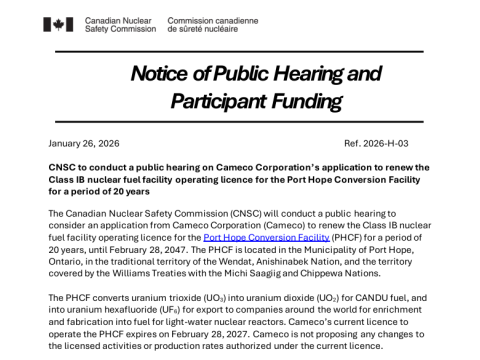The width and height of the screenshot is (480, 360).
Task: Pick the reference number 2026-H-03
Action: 408,144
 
